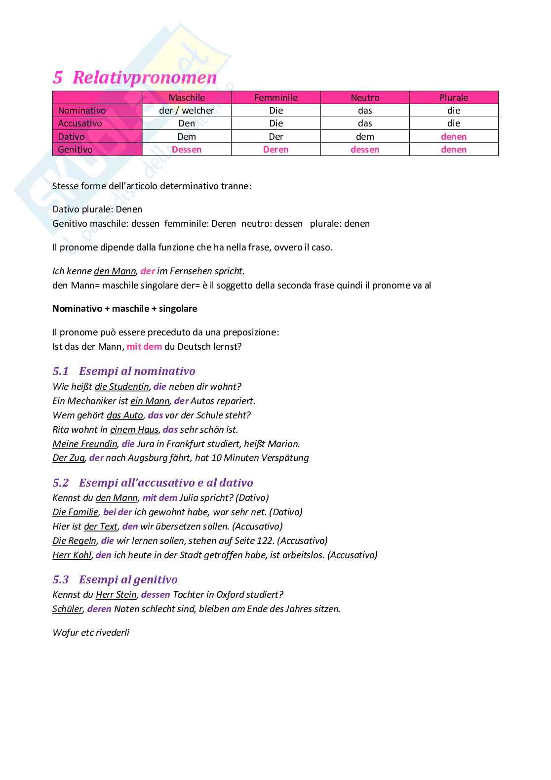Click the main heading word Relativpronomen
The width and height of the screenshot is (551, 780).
click(145, 78)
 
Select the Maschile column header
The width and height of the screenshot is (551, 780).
click(187, 97)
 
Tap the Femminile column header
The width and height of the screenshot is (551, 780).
click(276, 97)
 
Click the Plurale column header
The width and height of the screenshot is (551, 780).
click(454, 97)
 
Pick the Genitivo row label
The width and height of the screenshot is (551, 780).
click(75, 149)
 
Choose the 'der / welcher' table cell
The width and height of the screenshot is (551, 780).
click(187, 111)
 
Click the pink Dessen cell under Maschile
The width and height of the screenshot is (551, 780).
click(187, 149)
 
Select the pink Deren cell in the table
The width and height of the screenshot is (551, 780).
click(276, 149)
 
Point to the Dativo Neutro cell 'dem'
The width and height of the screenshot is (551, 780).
click(365, 136)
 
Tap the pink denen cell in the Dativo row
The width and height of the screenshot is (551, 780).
click(454, 136)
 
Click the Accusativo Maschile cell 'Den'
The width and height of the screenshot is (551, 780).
click(187, 123)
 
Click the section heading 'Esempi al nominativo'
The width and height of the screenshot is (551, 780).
click(137, 371)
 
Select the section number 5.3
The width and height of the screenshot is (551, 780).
click(61, 579)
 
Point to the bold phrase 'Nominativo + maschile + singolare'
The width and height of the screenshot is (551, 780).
click(125, 309)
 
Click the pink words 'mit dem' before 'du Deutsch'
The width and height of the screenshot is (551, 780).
click(144, 347)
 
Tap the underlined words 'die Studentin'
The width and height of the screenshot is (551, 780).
click(122, 387)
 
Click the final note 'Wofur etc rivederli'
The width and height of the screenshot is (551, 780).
click(91, 633)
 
